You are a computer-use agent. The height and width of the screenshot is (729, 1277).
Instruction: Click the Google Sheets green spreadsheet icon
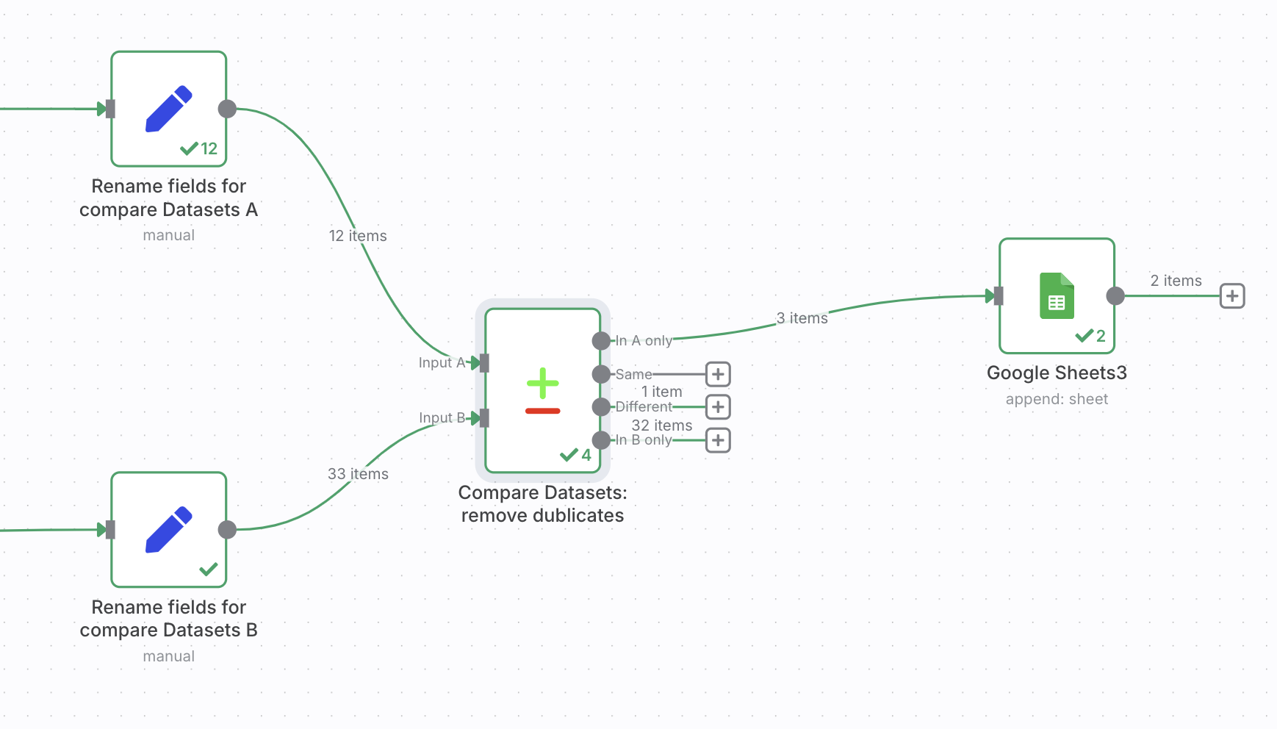click(x=1057, y=295)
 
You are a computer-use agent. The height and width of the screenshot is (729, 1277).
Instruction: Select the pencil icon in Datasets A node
click(x=169, y=109)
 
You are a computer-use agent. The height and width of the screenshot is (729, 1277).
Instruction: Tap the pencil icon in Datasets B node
click(x=169, y=529)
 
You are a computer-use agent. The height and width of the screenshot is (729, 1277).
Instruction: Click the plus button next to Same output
click(x=718, y=374)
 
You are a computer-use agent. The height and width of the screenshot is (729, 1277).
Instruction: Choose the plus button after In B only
click(x=718, y=440)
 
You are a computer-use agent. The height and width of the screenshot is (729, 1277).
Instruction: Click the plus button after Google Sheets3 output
click(x=1232, y=296)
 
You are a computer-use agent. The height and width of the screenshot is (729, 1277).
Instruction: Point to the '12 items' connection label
click(x=358, y=236)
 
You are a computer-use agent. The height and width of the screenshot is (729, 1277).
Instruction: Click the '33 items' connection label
click(x=358, y=474)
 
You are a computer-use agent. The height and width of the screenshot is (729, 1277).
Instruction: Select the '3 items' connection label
click(x=802, y=318)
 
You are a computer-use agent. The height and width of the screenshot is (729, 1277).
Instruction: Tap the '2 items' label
click(x=1176, y=281)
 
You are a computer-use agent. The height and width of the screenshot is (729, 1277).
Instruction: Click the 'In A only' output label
click(x=644, y=340)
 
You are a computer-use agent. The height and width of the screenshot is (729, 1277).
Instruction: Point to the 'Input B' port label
click(x=442, y=417)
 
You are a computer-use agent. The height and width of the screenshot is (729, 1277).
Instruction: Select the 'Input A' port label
click(x=442, y=362)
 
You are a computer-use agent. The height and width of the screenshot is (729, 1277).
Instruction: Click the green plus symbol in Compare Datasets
click(x=543, y=383)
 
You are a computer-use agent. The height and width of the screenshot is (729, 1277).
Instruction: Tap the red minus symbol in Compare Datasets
click(x=543, y=411)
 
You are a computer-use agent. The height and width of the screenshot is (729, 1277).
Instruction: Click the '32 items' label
click(x=662, y=425)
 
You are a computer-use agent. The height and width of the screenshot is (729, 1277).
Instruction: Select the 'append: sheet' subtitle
click(x=1057, y=399)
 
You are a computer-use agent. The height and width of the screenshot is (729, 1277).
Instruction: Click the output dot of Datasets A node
click(x=228, y=109)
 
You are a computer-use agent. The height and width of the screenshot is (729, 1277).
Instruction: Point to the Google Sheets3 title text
click(x=1057, y=373)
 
